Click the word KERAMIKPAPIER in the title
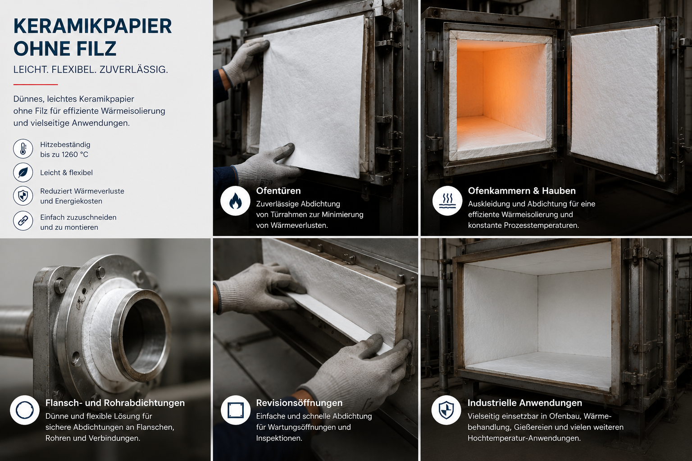coord(92,26)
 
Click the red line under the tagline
coord(36,84)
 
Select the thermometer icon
coord(23,149)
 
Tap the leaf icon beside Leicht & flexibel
coord(23,172)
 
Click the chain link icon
coord(23,221)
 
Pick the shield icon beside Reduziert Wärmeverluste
coord(23,196)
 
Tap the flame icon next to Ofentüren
coord(235,201)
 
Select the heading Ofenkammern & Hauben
coord(522,191)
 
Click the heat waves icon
coord(447,201)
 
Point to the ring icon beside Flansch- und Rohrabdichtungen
coord(25,410)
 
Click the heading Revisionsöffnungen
coord(299,403)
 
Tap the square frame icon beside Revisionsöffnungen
coord(236,410)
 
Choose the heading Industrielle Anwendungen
coord(524,403)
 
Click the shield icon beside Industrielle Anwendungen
coord(446,410)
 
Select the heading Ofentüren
coord(278,191)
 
